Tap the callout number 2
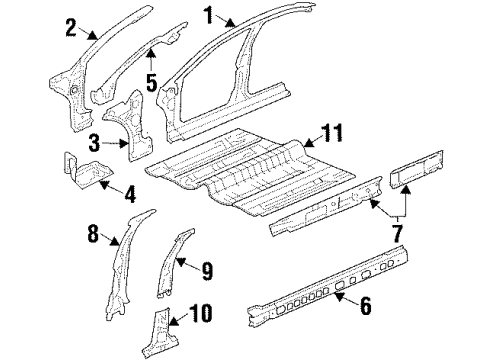tap(70, 27)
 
